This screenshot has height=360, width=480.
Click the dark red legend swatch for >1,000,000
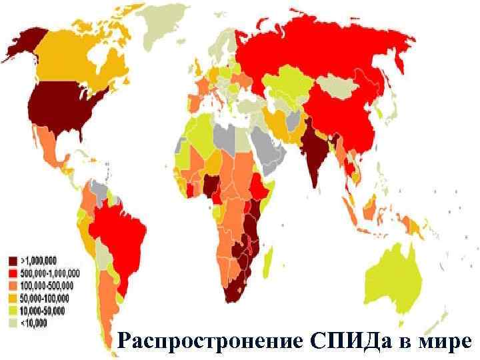pyautogui.click(x=12, y=259)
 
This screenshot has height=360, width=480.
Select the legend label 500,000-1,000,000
pyautogui.click(x=50, y=272)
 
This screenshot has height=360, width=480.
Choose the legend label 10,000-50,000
pyautogui.click(x=43, y=311)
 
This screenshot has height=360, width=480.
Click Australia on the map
pyautogui.click(x=399, y=273)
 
